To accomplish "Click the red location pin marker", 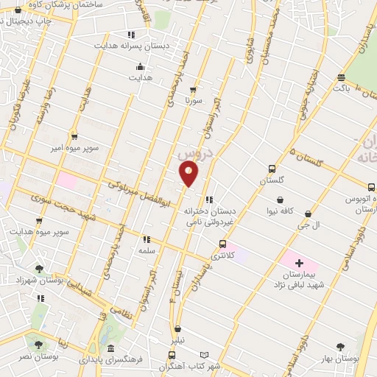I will [189, 173].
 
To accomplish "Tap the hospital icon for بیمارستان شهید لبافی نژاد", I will [299, 263].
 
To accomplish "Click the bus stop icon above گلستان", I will [272, 169].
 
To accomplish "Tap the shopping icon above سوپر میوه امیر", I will [74, 136].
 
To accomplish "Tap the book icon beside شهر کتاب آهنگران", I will [214, 354].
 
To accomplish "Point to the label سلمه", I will [145, 251].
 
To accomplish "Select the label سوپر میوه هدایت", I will [45, 233].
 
